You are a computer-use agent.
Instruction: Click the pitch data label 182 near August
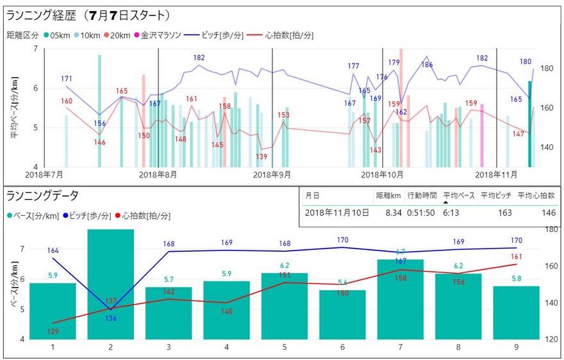point(199,58)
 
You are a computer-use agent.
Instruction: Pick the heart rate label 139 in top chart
point(261,157)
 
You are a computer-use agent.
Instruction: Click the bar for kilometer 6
point(343,314)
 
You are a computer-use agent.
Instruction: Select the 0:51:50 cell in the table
point(422,213)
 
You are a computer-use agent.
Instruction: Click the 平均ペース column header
point(459,195)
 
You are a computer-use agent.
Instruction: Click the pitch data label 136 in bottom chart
point(111,318)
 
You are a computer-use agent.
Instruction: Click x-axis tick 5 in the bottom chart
point(285,347)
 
